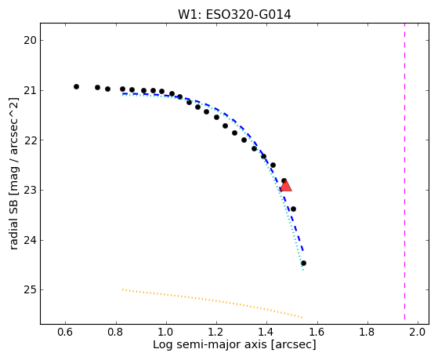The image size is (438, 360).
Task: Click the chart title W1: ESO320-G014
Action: point(234,15)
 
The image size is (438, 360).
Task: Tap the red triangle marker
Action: point(285,186)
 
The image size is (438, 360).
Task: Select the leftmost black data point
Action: point(76,87)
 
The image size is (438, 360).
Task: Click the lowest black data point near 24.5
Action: point(304,264)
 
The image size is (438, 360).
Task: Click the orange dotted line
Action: point(212,304)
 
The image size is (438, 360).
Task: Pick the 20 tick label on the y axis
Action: point(30,40)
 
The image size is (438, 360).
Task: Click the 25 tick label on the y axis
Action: point(30,290)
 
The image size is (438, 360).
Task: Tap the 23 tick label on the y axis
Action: point(30,191)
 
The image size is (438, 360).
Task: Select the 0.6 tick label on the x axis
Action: point(65,332)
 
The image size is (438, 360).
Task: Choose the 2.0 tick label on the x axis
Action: point(418,332)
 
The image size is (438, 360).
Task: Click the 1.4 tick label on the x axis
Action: point(266,332)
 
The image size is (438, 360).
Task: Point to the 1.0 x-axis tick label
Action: point(166,332)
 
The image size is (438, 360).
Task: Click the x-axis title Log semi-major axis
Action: point(210,345)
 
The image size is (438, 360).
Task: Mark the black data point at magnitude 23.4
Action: point(293,209)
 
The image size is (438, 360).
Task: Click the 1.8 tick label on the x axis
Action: point(367,332)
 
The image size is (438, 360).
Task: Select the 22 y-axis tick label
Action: point(30,140)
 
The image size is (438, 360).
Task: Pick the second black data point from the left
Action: point(97,88)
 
